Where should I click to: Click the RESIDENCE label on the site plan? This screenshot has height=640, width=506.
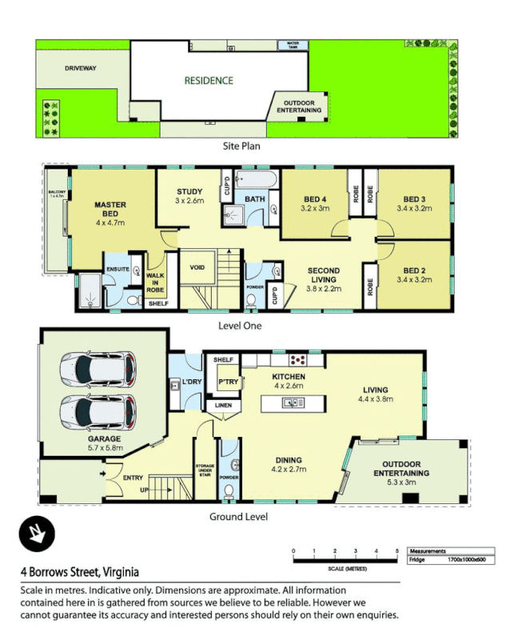pyautogui.click(x=209, y=80)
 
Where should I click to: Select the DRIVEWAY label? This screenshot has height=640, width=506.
pyautogui.click(x=81, y=69)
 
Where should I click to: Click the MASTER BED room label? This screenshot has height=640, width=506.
pyautogui.click(x=110, y=210)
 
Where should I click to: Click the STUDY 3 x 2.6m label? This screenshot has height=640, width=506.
pyautogui.click(x=190, y=196)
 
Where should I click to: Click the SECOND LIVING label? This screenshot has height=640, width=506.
pyautogui.click(x=324, y=276)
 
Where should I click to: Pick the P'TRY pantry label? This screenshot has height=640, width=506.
pyautogui.click(x=219, y=382)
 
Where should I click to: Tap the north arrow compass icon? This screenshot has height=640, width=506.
pyautogui.click(x=36, y=534)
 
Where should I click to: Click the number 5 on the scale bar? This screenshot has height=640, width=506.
pyautogui.click(x=397, y=550)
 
